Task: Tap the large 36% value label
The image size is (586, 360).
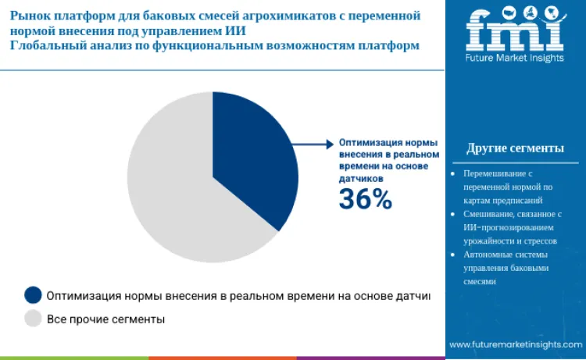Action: pyautogui.click(x=365, y=200)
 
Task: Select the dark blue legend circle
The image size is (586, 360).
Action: pyautogui.click(x=33, y=294)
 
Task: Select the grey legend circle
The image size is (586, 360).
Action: pyautogui.click(x=33, y=319)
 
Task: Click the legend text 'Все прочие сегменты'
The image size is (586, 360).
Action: pyautogui.click(x=105, y=319)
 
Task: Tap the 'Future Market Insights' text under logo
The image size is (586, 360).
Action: pyautogui.click(x=514, y=59)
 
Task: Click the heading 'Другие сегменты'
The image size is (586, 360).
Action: pyautogui.click(x=515, y=148)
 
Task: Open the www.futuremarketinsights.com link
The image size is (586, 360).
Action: pyautogui.click(x=515, y=344)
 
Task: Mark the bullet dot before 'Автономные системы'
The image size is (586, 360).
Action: pyautogui.click(x=454, y=255)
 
